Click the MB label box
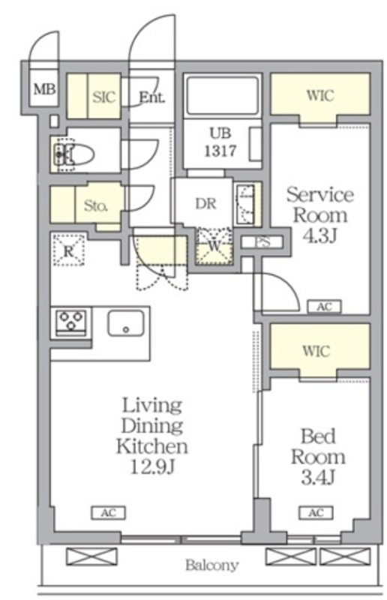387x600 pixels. coord(44,89)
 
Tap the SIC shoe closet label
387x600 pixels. coord(103,97)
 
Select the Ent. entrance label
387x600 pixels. coord(151,97)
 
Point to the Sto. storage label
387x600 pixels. coord(96,205)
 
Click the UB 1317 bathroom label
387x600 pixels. coord(220,142)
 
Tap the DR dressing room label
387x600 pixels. coord(206,203)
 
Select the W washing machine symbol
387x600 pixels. coord(214,246)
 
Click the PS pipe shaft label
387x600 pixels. coord(263,241)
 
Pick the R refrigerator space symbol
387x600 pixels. coord(68,250)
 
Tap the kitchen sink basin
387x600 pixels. coord(126,323)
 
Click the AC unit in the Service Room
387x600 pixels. coord(324,307)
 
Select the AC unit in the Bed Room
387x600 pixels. coord(316,512)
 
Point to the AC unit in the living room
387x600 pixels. coord(108,513)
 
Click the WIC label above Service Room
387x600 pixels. coord(320,95)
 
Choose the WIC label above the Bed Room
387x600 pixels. coord(316,350)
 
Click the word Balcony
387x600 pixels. coord(212,565)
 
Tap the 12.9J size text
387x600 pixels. coord(152,466)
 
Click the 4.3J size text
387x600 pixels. coord(319,235)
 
